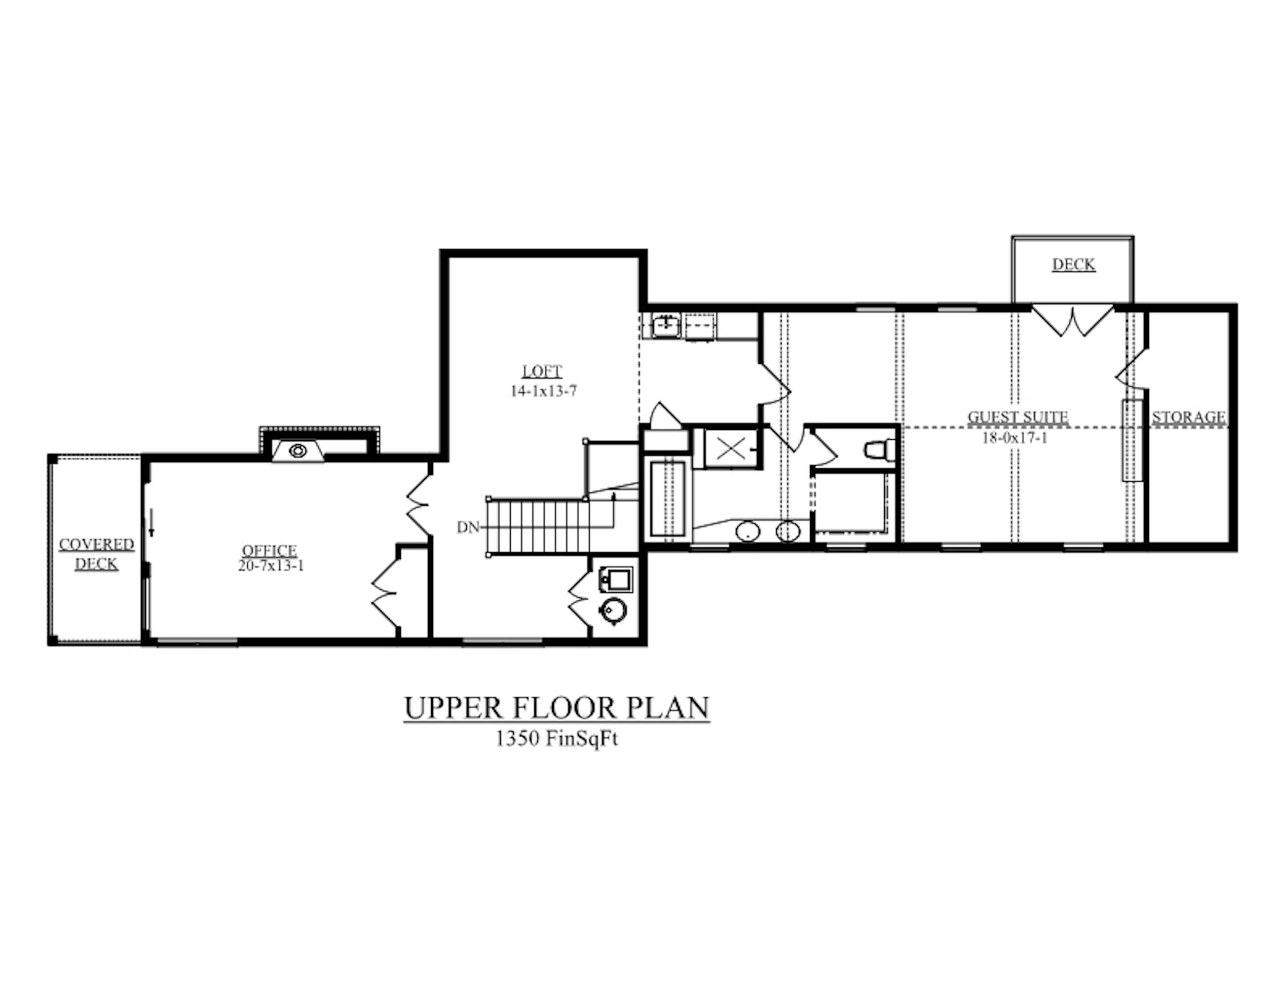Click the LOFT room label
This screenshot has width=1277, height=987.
pyautogui.click(x=541, y=371)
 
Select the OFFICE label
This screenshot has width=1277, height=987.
pyautogui.click(x=269, y=550)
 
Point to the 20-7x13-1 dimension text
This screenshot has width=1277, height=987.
pyautogui.click(x=271, y=566)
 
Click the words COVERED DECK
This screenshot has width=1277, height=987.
pyautogui.click(x=97, y=554)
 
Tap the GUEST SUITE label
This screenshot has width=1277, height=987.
pyautogui.click(x=1018, y=417)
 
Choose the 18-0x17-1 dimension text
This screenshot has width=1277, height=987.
pyautogui.click(x=1014, y=437)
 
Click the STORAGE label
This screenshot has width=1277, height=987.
pyautogui.click(x=1189, y=417)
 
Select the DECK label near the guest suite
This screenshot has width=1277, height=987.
pyautogui.click(x=1074, y=265)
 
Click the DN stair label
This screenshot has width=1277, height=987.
pyautogui.click(x=468, y=528)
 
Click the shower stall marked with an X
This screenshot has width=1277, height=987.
pyautogui.click(x=729, y=449)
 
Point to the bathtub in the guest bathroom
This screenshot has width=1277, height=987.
pyautogui.click(x=667, y=498)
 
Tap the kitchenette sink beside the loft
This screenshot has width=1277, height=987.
pyautogui.click(x=666, y=325)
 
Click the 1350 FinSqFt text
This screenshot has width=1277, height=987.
pyautogui.click(x=557, y=738)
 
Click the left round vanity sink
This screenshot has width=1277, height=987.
pyautogui.click(x=747, y=531)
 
